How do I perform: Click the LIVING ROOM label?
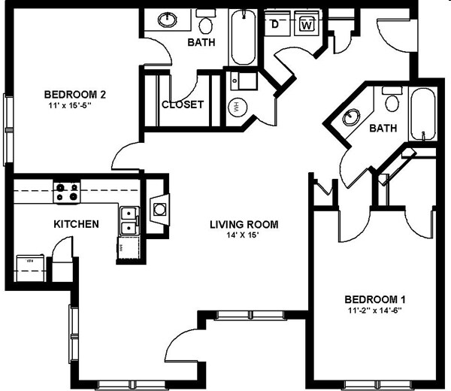click(x=244, y=224)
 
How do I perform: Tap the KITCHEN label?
click(x=75, y=224)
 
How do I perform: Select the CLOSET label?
click(x=182, y=105)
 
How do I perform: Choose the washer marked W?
click(x=307, y=25)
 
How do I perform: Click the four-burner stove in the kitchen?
click(x=66, y=192)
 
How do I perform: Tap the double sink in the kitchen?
click(x=129, y=220)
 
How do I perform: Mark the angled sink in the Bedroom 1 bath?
click(x=351, y=117)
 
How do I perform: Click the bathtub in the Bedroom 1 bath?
click(x=422, y=115)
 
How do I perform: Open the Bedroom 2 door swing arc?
click(x=124, y=156)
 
